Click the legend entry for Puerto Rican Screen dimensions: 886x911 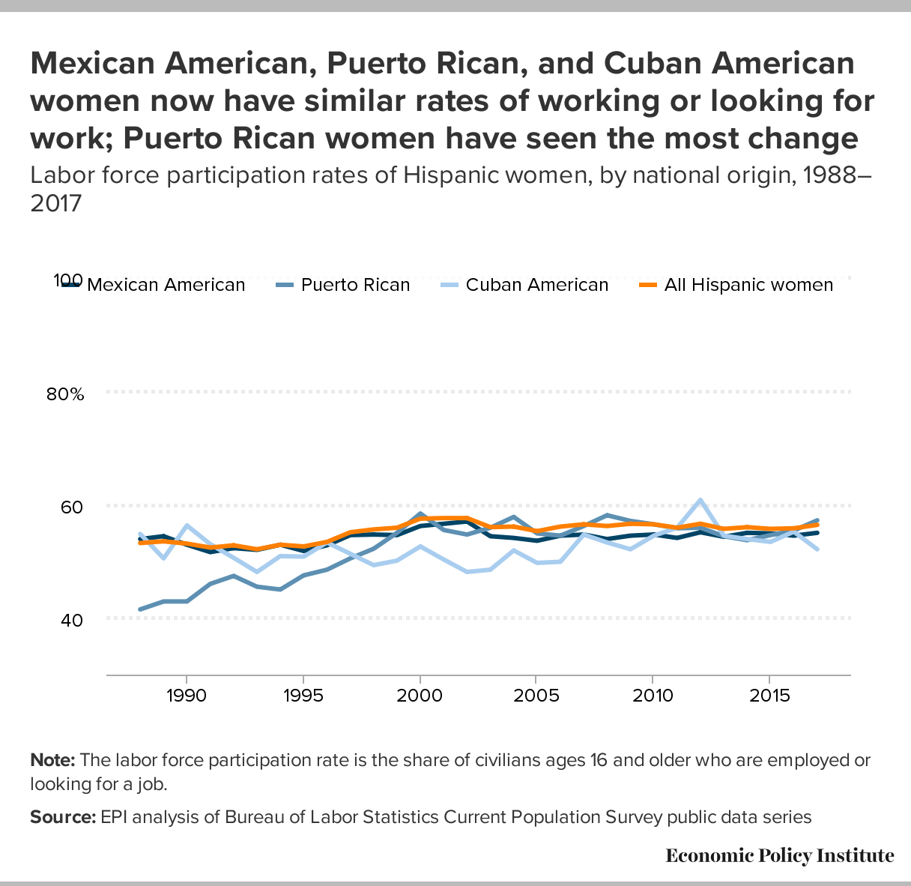pyautogui.click(x=355, y=285)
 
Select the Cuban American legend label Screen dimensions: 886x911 pyautogui.click(x=536, y=285)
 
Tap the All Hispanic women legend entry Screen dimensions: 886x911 pyautogui.click(x=748, y=285)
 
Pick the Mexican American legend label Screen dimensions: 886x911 pyautogui.click(x=166, y=285)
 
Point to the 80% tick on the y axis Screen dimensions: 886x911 pyautogui.click(x=66, y=394)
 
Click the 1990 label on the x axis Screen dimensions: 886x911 pyautogui.click(x=186, y=696)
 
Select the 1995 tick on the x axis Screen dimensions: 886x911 pyautogui.click(x=303, y=696)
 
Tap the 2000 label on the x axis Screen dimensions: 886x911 pyautogui.click(x=420, y=696)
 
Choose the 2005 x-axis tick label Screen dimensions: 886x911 pyautogui.click(x=536, y=696)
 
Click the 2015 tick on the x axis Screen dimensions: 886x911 pyautogui.click(x=769, y=696)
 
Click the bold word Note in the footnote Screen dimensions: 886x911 pyautogui.click(x=52, y=760)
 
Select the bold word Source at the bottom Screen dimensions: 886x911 pyautogui.click(x=63, y=817)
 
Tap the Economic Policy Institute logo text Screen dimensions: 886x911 pyautogui.click(x=779, y=855)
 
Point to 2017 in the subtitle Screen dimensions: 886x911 pyautogui.click(x=55, y=203)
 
